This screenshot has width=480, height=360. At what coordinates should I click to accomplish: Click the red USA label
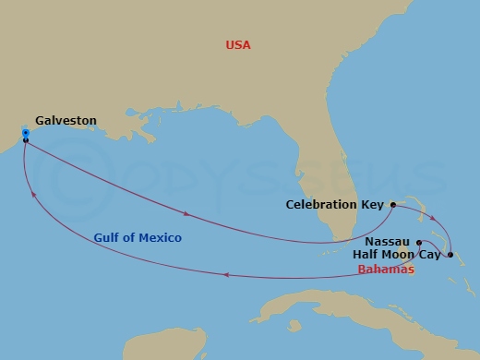click(x=238, y=45)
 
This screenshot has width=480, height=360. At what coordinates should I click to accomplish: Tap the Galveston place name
click(x=66, y=120)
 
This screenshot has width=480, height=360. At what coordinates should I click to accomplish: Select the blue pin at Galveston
click(x=25, y=134)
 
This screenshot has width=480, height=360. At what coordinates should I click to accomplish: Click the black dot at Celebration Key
click(x=393, y=204)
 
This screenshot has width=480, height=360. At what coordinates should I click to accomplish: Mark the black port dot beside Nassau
click(x=418, y=243)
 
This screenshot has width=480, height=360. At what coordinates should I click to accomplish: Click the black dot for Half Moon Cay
click(x=450, y=254)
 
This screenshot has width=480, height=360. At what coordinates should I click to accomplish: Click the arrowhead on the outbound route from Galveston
click(x=188, y=214)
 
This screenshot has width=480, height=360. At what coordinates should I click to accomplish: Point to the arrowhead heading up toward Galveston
click(x=34, y=194)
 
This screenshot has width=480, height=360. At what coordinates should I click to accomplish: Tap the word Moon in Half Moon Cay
click(x=402, y=254)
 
